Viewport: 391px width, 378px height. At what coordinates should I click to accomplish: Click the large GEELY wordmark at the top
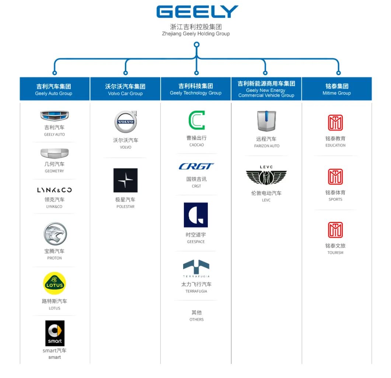pyautogui.click(x=197, y=12)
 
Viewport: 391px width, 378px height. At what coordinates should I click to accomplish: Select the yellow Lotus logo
pyautogui.click(x=55, y=283)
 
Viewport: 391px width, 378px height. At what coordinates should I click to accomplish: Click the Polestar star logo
pyautogui.click(x=125, y=180)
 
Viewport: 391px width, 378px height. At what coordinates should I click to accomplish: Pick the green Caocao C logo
pyautogui.click(x=196, y=120)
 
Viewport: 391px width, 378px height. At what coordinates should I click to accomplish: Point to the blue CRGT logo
pyautogui.click(x=196, y=166)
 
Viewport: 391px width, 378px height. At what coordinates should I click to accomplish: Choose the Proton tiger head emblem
pyautogui.click(x=55, y=234)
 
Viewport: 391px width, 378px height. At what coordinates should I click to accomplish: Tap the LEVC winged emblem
pyautogui.click(x=266, y=176)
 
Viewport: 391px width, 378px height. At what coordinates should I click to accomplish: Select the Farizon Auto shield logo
pyautogui.click(x=266, y=121)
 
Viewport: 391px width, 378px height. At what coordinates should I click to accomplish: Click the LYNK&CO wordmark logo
pyautogui.click(x=55, y=190)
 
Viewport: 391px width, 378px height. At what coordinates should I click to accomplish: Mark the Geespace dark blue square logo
pyautogui.click(x=196, y=215)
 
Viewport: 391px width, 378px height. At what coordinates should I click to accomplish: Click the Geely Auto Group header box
pyautogui.click(x=54, y=89)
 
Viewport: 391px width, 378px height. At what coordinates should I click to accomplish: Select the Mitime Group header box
pyautogui.click(x=336, y=89)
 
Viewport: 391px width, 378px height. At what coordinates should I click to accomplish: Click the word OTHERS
pyautogui.click(x=196, y=320)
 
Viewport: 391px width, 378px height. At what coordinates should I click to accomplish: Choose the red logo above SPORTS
pyautogui.click(x=335, y=177)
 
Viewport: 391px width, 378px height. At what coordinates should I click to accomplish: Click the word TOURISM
pyautogui.click(x=335, y=253)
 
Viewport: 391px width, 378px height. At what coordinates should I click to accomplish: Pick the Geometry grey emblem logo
pyautogui.click(x=55, y=153)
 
